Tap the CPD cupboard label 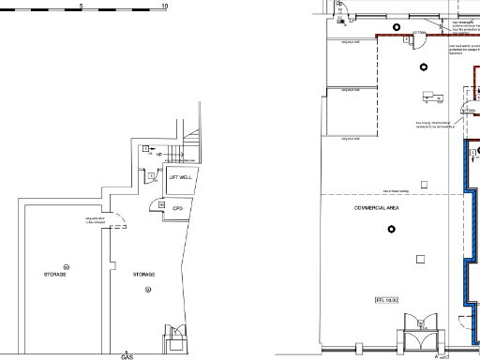[x=175, y=207]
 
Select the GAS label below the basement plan [x=127, y=356]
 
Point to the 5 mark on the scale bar [x=82, y=7]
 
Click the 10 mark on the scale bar [x=165, y=7]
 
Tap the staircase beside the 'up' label [x=192, y=146]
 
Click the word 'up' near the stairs [x=160, y=153]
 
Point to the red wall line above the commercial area [x=412, y=33]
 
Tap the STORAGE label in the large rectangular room [x=55, y=274]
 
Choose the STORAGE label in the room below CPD [x=143, y=274]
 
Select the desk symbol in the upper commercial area [x=432, y=95]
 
